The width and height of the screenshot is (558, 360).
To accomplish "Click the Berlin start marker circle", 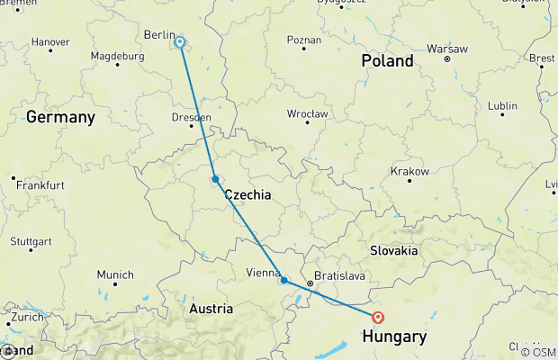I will (x=180, y=41).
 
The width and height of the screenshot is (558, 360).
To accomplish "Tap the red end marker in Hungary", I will (x=378, y=317).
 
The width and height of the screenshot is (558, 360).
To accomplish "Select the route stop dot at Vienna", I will (x=284, y=281).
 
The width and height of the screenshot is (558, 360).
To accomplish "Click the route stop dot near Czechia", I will (x=215, y=179).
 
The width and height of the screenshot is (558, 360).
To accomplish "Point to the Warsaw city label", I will (x=446, y=47).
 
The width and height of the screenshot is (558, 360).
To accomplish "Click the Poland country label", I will (x=387, y=61).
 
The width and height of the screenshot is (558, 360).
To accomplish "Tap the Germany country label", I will (x=60, y=117).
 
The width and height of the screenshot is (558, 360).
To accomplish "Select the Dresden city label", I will (x=192, y=117).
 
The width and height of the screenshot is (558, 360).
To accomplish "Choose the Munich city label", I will (x=115, y=274).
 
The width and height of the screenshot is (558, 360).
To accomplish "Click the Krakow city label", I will (x=409, y=171).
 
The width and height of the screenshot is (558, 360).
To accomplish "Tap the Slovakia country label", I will (x=394, y=250).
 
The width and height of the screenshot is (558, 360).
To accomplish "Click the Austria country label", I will (x=211, y=309).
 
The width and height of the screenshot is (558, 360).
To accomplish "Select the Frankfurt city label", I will (x=44, y=184).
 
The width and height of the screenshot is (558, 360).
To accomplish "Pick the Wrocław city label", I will (x=308, y=114).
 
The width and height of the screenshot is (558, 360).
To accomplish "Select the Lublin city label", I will (x=502, y=105).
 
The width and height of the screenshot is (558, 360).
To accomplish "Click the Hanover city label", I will (x=50, y=42).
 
